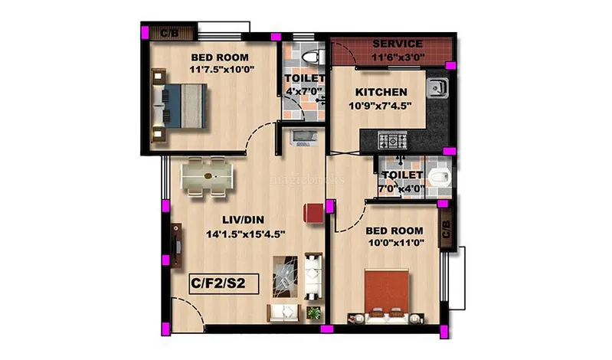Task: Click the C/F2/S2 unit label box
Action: pos(224,283)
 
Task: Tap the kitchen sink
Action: pos(437,88)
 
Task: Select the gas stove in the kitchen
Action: pos(392,141)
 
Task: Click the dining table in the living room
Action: pos(207,176)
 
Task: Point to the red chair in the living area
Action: pos(313,213)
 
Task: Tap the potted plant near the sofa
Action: pos(313,313)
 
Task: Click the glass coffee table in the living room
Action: pos(285,277)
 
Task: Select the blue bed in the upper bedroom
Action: pos(179,106)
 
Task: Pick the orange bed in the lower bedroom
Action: pos(386,296)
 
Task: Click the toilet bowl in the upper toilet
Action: pos(313,57)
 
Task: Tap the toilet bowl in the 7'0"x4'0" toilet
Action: pos(440,178)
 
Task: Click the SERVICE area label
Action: pos(398,44)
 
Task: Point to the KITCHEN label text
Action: pos(381,92)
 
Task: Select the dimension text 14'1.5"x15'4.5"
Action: pos(246,234)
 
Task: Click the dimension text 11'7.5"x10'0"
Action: pos(221,70)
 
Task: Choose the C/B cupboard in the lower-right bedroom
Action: pos(447,227)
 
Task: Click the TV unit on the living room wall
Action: pos(176,246)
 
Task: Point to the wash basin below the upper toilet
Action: pos(304,138)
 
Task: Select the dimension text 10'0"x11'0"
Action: pos(396,243)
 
